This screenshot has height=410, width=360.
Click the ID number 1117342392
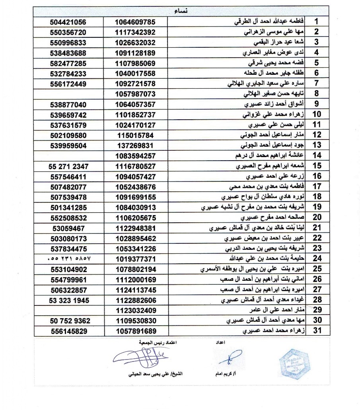pyautogui.click(x=135, y=33)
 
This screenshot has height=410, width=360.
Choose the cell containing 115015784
pyautogui.click(x=135, y=135)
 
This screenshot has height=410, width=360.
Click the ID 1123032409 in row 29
pyautogui.click(x=135, y=310)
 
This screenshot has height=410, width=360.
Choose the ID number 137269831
pyautogui.click(x=135, y=146)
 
